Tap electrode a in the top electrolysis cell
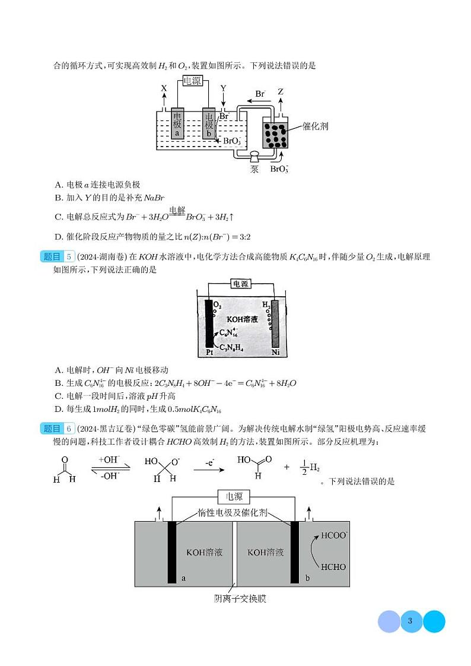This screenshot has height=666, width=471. pyautogui.click(x=177, y=123)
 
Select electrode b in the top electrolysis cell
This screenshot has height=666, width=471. pyautogui.click(x=209, y=123)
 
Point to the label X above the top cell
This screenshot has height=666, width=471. pyautogui.click(x=164, y=88)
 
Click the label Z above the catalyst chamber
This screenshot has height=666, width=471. pyautogui.click(x=281, y=92)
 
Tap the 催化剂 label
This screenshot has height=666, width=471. pyautogui.click(x=315, y=126)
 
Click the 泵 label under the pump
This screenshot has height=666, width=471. pyautogui.click(x=254, y=169)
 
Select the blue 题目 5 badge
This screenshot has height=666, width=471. pyautogui.click(x=58, y=257)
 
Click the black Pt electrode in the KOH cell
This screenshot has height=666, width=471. pyautogui.click(x=209, y=324)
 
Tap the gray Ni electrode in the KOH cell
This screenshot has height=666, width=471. pyautogui.click(x=275, y=324)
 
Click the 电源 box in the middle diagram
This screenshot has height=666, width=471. pyautogui.click(x=240, y=284)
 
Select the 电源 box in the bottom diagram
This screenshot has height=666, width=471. pyautogui.click(x=234, y=497)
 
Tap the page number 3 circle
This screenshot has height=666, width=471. pyautogui.click(x=410, y=621)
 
